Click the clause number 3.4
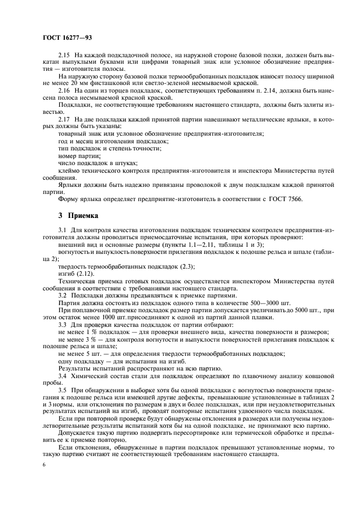point(63,375)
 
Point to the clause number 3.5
point(63,391)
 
